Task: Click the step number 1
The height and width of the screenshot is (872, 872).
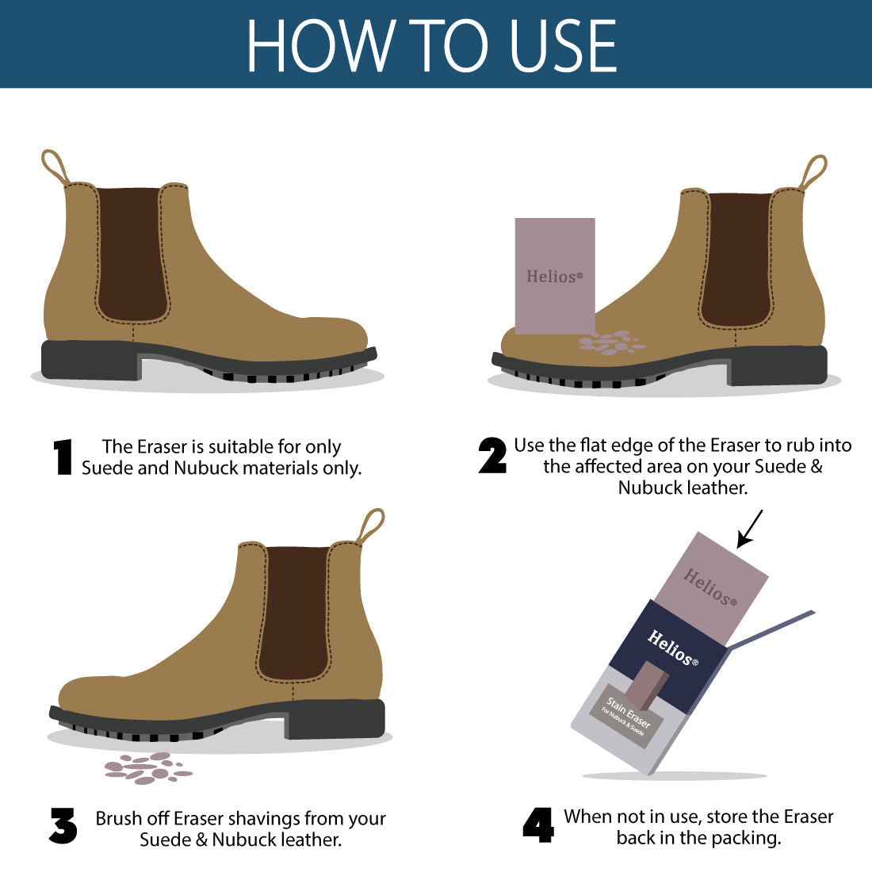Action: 63,457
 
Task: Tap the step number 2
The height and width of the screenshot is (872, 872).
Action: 493,456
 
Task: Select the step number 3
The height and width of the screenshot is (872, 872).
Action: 63,826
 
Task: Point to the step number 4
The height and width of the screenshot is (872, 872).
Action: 538,824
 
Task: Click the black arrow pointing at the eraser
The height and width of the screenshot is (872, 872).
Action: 750,529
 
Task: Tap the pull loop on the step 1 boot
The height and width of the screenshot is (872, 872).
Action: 55,166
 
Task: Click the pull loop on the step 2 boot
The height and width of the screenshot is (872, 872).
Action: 813,172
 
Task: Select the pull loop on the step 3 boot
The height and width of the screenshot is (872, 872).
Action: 370,526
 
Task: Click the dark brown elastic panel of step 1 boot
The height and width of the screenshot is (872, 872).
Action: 132,254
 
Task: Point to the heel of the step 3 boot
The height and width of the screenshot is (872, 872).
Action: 335,719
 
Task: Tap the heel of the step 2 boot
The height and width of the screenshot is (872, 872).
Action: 778,365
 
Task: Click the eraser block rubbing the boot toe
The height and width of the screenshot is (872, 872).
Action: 555,276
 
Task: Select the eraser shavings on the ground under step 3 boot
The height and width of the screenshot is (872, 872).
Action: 148,768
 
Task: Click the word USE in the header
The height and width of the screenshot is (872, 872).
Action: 563,45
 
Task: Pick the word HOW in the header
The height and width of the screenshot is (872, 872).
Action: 322,45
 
